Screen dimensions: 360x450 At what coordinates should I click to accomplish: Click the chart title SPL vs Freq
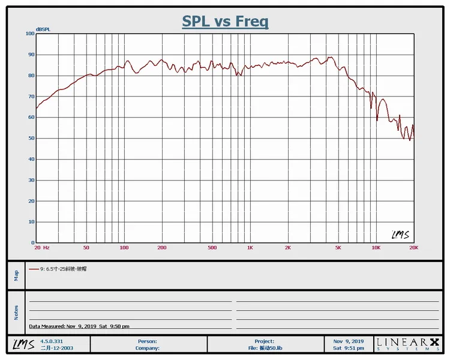click(225, 22)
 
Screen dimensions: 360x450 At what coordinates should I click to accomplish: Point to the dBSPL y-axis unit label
click(43, 29)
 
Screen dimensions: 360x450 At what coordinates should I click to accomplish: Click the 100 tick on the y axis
click(30, 34)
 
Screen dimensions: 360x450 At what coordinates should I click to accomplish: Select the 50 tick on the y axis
click(31, 139)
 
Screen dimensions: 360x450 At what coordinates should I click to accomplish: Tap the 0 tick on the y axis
click(33, 243)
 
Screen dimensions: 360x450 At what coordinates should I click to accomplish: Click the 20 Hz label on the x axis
click(41, 248)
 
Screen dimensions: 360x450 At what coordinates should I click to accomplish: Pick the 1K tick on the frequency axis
click(250, 248)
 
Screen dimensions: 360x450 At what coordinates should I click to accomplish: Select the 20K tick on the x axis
click(413, 248)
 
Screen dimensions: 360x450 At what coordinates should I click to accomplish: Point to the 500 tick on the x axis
click(212, 248)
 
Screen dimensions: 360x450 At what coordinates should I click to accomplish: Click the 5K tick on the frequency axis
click(338, 248)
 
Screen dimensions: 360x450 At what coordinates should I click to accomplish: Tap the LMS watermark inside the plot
click(400, 235)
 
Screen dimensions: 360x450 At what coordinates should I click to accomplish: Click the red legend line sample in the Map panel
click(34, 269)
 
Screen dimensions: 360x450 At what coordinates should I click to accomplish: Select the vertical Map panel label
click(16, 275)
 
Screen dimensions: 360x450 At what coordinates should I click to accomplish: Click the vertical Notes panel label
click(16, 312)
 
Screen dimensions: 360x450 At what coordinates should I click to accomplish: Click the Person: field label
click(148, 341)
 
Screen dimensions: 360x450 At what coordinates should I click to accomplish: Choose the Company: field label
click(147, 348)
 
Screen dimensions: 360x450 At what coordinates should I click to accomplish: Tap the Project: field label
click(264, 341)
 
